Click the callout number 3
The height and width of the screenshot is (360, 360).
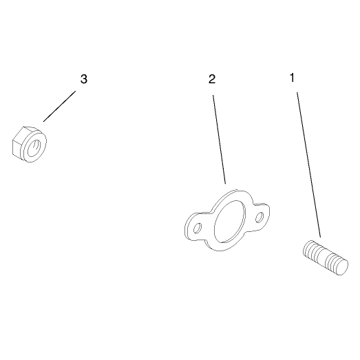click(x=84, y=79)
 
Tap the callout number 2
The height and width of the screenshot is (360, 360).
click(x=212, y=79)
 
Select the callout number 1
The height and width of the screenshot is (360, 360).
click(x=292, y=78)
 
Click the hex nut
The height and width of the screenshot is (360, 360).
click(x=30, y=144)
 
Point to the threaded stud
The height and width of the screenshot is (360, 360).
click(x=326, y=257)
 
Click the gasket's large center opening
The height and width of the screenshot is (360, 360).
click(x=230, y=222)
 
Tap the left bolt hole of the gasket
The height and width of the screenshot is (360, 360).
click(x=198, y=228)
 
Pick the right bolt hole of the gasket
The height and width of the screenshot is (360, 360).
click(x=260, y=218)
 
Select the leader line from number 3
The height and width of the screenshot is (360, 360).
click(x=59, y=106)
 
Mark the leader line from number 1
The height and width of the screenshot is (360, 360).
click(x=309, y=165)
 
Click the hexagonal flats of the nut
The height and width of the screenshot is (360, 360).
click(x=17, y=143)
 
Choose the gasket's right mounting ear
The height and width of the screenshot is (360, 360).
click(x=261, y=217)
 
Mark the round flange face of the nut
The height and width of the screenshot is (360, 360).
click(x=34, y=147)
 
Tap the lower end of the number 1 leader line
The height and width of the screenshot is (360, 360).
click(x=321, y=237)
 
